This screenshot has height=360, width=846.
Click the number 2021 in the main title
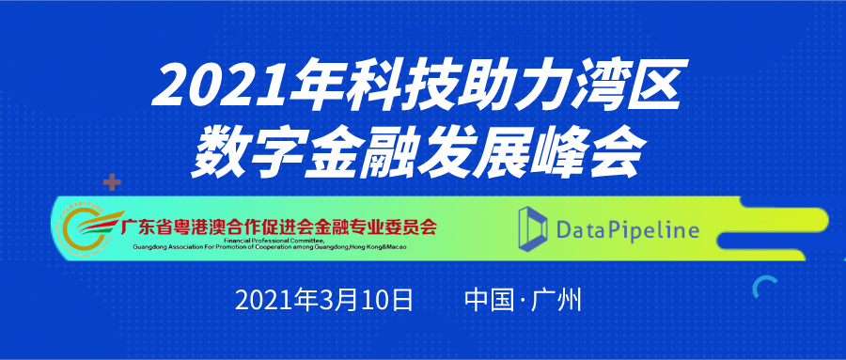[220, 86]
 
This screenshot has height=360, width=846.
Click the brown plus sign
[112, 182]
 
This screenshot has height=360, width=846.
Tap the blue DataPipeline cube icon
[533, 228]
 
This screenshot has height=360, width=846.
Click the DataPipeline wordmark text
[629, 230]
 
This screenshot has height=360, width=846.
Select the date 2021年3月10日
[323, 300]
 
